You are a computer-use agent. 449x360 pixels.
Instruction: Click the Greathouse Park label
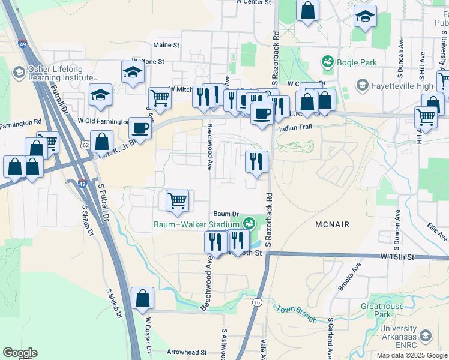(x=382, y=310)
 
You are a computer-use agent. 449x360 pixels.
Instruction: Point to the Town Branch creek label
(x=296, y=313)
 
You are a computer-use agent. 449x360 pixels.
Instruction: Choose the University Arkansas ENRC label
(x=398, y=337)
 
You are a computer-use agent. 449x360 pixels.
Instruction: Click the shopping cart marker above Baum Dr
(x=177, y=200)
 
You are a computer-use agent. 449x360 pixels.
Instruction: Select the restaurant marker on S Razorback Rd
(x=256, y=161)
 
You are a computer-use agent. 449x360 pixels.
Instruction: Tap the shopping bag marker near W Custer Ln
(x=142, y=298)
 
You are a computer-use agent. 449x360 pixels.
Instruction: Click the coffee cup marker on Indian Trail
(x=262, y=113)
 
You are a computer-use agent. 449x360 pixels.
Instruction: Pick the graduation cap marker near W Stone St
(x=132, y=72)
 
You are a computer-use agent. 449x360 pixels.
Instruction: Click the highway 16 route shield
(x=257, y=301)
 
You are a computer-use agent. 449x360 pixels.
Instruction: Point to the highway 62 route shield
(x=85, y=145)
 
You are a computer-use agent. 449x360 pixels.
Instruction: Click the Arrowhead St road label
(x=187, y=353)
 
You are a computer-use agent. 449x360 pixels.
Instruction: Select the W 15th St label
(x=397, y=257)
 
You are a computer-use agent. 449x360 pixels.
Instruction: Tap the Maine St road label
(x=166, y=45)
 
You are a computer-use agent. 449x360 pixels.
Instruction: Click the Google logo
(x=20, y=353)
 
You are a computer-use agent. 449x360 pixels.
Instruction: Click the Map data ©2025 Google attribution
(x=411, y=355)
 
